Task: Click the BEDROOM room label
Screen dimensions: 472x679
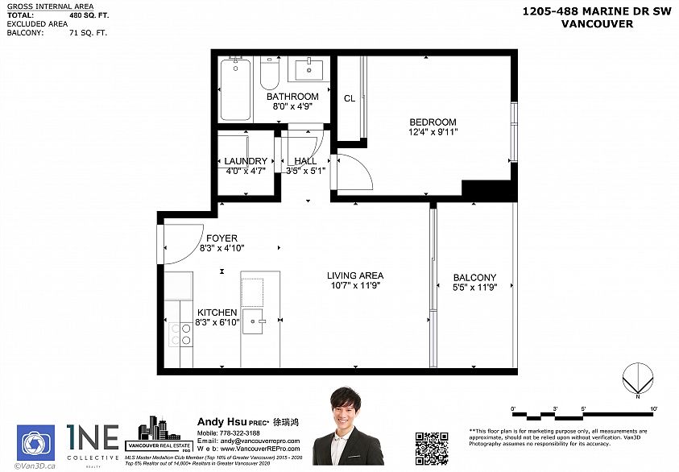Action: [433, 122]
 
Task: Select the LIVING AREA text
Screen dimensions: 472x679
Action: [355, 275]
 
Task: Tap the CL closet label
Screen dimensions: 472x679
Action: [349, 99]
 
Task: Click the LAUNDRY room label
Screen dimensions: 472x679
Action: [246, 161]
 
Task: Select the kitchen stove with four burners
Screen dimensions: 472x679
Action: [180, 333]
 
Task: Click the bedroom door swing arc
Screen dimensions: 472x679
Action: [353, 172]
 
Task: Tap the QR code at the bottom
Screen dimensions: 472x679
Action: [431, 448]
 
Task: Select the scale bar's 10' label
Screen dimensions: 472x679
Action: [653, 408]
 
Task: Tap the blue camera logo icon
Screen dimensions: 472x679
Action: [35, 443]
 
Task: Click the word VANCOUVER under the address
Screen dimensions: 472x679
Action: [597, 24]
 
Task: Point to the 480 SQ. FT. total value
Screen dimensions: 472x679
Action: [86, 15]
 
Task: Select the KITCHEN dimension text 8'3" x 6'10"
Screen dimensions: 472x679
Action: [217, 322]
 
